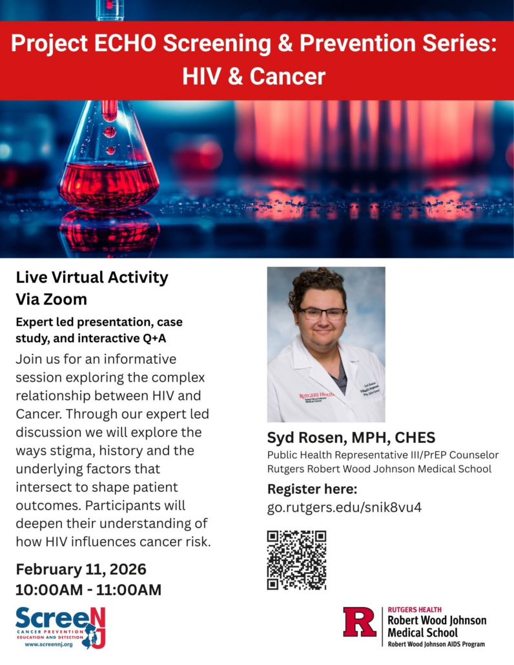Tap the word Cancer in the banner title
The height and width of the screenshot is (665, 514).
click(287, 77)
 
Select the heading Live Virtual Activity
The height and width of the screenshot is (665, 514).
click(92, 278)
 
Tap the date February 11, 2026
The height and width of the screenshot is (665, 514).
click(81, 569)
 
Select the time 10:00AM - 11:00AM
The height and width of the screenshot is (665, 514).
click(88, 589)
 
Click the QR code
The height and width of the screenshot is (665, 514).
click(296, 560)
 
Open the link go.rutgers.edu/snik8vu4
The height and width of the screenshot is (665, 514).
click(344, 507)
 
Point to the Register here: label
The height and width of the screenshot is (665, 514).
click(312, 488)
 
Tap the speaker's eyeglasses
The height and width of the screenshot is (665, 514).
click(321, 313)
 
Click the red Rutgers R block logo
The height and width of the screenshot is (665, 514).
click(360, 626)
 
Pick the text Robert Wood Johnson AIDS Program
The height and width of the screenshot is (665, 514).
click(436, 644)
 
